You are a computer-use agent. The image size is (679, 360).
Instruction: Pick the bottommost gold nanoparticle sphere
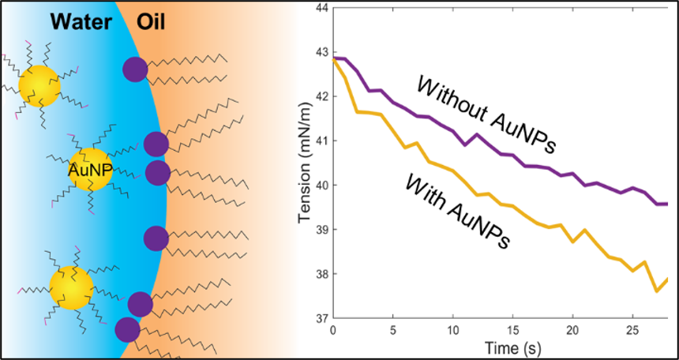[x=71, y=287]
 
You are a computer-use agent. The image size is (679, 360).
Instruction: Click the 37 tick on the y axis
[x=322, y=319]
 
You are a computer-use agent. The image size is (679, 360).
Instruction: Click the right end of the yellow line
[x=668, y=279]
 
